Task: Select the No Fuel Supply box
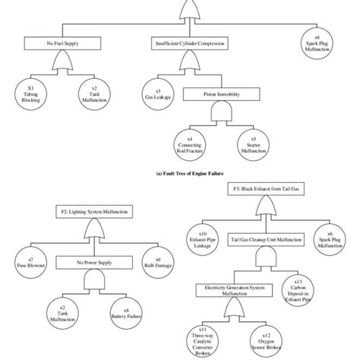[x=58, y=44]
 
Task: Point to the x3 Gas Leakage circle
[x=154, y=94]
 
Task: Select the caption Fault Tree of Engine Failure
[x=179, y=172]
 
